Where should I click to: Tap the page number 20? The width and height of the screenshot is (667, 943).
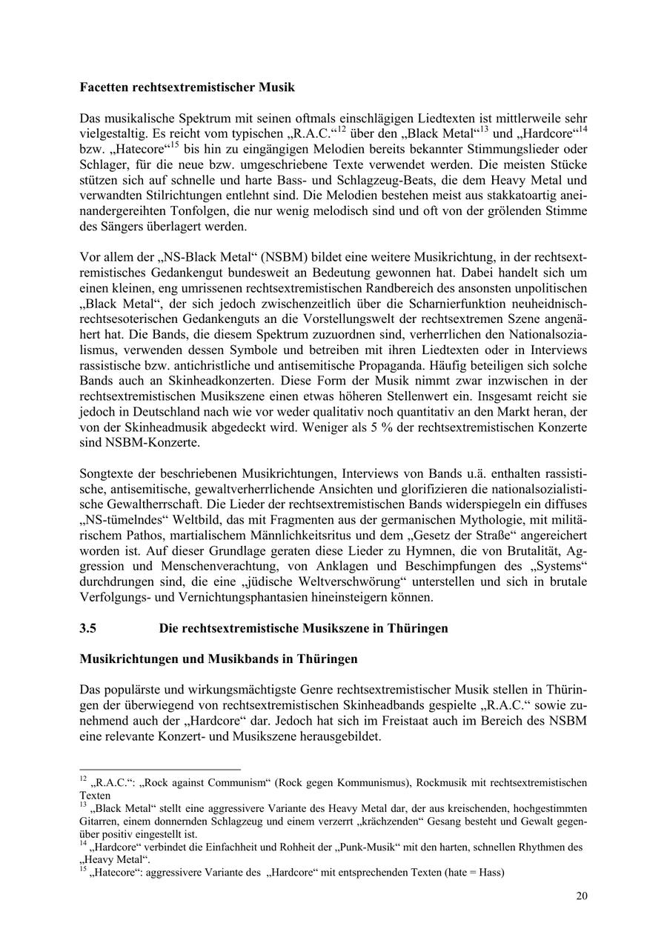point(582,896)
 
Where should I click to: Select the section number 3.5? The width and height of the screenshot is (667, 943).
point(88,628)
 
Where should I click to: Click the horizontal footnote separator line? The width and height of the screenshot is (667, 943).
point(160,770)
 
